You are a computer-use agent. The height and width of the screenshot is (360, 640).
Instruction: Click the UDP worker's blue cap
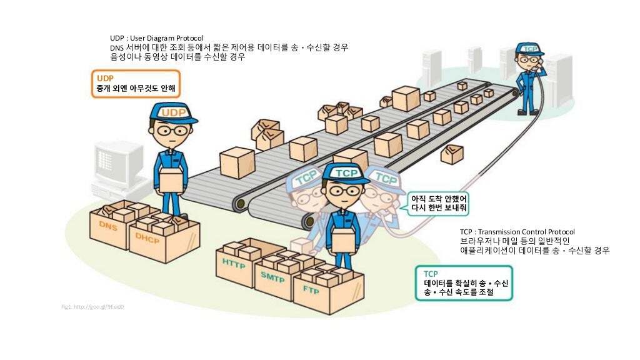173,112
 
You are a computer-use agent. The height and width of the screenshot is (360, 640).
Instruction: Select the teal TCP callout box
464,282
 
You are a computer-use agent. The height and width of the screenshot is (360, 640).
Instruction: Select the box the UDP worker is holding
172,181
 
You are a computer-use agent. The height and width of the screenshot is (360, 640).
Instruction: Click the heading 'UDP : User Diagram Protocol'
156,38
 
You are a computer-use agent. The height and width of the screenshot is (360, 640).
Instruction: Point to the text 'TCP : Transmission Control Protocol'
517,232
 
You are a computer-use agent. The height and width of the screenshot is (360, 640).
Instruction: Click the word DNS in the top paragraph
117,47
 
